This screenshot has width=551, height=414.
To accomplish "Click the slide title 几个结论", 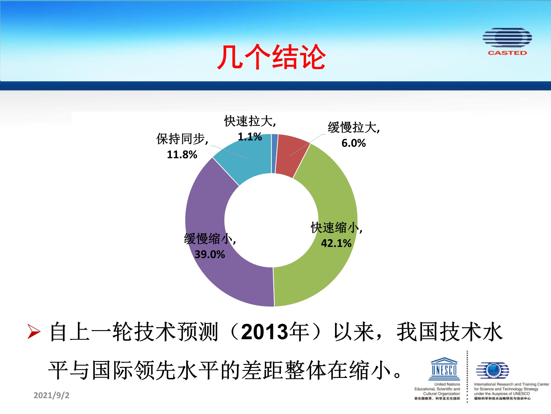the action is tap(271, 57).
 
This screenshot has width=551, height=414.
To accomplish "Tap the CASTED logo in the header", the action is tap(507, 42).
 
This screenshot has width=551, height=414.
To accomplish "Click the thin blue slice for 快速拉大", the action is tap(275, 153).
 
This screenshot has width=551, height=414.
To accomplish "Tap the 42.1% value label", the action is tap(336, 243).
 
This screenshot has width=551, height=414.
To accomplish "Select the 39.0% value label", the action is tap(210, 254).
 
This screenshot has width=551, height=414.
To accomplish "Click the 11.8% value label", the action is tap(182, 154).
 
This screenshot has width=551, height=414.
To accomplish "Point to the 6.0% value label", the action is tap(353, 143).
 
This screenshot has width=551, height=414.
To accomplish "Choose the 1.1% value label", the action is tap(250, 137).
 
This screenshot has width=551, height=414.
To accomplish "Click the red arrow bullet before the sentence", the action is tap(34, 332).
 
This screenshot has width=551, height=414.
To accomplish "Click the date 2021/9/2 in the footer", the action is tap(51, 395).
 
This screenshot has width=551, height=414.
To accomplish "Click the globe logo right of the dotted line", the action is tap(493, 370).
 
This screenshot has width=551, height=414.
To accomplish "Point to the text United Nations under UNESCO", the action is tap(447, 384).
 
